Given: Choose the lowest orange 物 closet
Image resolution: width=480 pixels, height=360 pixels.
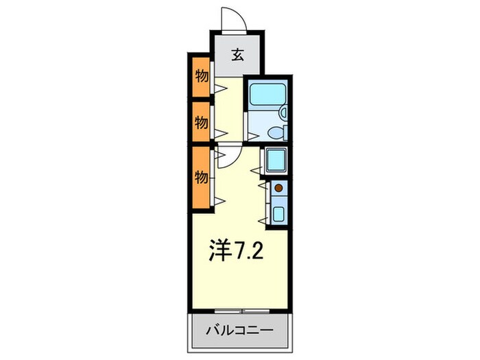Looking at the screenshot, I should pos(202,177).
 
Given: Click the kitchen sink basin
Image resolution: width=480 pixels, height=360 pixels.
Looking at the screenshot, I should pos(278,214).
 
